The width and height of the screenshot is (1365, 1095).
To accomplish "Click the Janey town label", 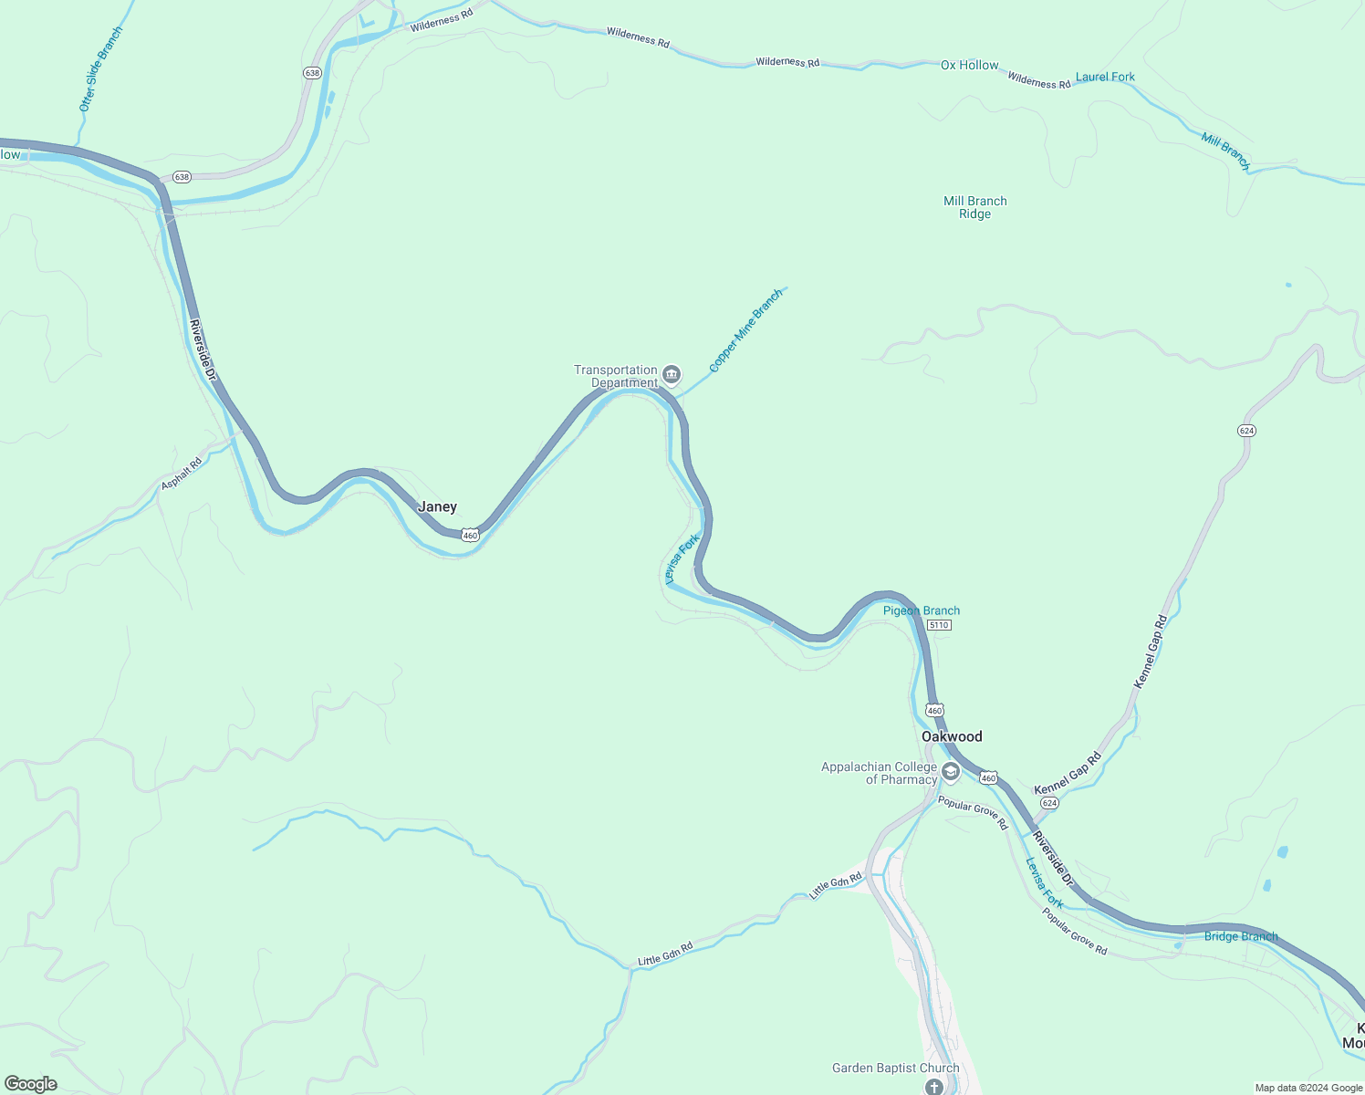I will pos(437,507).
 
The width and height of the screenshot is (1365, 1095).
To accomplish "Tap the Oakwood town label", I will pos(952,736).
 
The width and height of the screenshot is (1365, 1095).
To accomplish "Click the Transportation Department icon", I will pos(672,374).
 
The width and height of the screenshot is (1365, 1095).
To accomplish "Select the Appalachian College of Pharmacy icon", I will pos(950,773).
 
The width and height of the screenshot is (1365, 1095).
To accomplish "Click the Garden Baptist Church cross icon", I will pos(933,1086).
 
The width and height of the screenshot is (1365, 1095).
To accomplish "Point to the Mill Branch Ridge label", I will pos(974,207).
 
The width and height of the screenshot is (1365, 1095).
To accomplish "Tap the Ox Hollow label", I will pos(969,65).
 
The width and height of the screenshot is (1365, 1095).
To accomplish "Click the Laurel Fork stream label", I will pos(1105,77).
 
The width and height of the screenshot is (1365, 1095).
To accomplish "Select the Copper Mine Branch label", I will pos(745,330).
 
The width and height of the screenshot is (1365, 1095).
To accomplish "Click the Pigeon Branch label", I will pos(922,610).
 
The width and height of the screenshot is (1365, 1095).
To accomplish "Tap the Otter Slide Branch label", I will pos(100,69).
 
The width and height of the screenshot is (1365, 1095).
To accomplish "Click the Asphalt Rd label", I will pos(182,474).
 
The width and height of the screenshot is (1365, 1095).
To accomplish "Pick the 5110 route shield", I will pos(939,625).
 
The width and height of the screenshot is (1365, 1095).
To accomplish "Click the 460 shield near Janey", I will pos(470,535).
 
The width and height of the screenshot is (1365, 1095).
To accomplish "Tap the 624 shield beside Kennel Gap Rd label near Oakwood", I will pos(1049,803).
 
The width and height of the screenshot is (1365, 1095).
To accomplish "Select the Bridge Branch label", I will pos(1240,936).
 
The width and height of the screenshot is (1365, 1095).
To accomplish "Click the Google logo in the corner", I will pos(31,1084).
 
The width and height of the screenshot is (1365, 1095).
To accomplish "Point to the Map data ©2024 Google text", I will pos(1308,1088).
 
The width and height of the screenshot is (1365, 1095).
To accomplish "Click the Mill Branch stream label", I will pos(1225,151).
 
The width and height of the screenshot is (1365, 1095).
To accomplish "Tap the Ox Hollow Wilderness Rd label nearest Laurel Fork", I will pos(1038,81).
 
